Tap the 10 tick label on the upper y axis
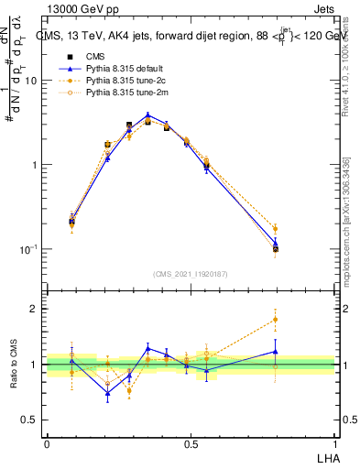(30, 81)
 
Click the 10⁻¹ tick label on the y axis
(27, 249)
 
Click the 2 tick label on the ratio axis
(35, 309)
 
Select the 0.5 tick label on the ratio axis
(30, 420)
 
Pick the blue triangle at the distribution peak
(147, 115)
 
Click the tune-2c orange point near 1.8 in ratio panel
(276, 320)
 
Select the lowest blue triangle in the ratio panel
(108, 394)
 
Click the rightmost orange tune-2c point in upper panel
(276, 228)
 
